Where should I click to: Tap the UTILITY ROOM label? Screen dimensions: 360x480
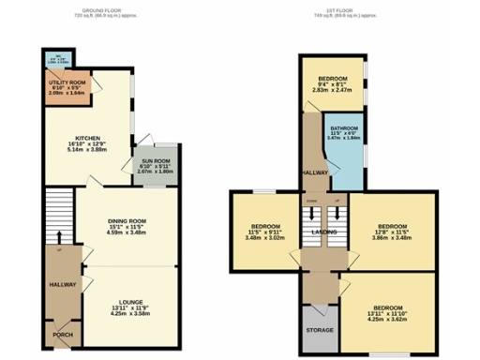click(66, 82)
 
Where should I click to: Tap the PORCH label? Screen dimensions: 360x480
click(62, 335)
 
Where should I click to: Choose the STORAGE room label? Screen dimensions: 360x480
click(321, 331)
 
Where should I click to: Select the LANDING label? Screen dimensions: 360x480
click(323, 232)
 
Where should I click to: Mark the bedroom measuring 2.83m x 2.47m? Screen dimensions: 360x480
click(333, 84)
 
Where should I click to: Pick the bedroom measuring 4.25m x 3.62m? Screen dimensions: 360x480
click(387, 313)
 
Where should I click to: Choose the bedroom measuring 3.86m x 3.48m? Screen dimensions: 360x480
click(391, 232)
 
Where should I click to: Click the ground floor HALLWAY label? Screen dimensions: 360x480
click(62, 284)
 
